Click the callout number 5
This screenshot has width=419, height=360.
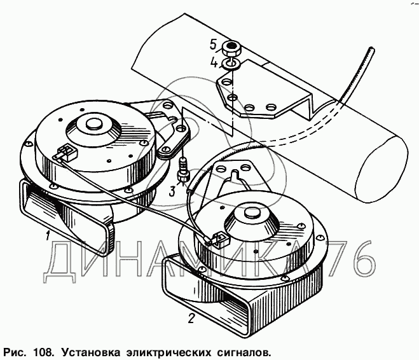pyautogui.click(x=214, y=45)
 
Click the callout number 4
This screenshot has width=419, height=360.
pyautogui.click(x=214, y=63)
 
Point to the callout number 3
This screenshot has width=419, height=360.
pyautogui.click(x=173, y=191)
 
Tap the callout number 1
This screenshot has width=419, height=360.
pyautogui.click(x=47, y=237)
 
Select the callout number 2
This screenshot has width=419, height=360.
pyautogui.click(x=191, y=318)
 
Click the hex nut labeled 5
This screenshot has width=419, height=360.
pyautogui.click(x=231, y=48)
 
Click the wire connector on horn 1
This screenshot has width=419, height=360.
pyautogui.click(x=66, y=153)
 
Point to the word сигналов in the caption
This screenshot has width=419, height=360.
pyautogui.click(x=243, y=352)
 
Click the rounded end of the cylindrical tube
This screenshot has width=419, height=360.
pyautogui.click(x=383, y=170)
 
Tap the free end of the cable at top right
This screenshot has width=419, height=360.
pyautogui.click(x=371, y=49)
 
